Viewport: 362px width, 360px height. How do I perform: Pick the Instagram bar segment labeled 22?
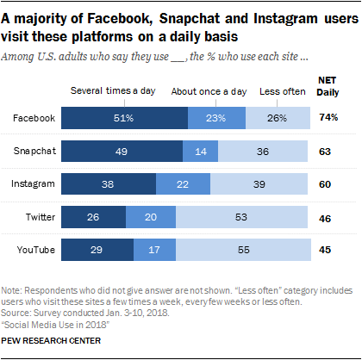pyautogui.click(x=183, y=183)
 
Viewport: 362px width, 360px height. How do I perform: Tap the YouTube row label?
pyautogui.click(x=37, y=251)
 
